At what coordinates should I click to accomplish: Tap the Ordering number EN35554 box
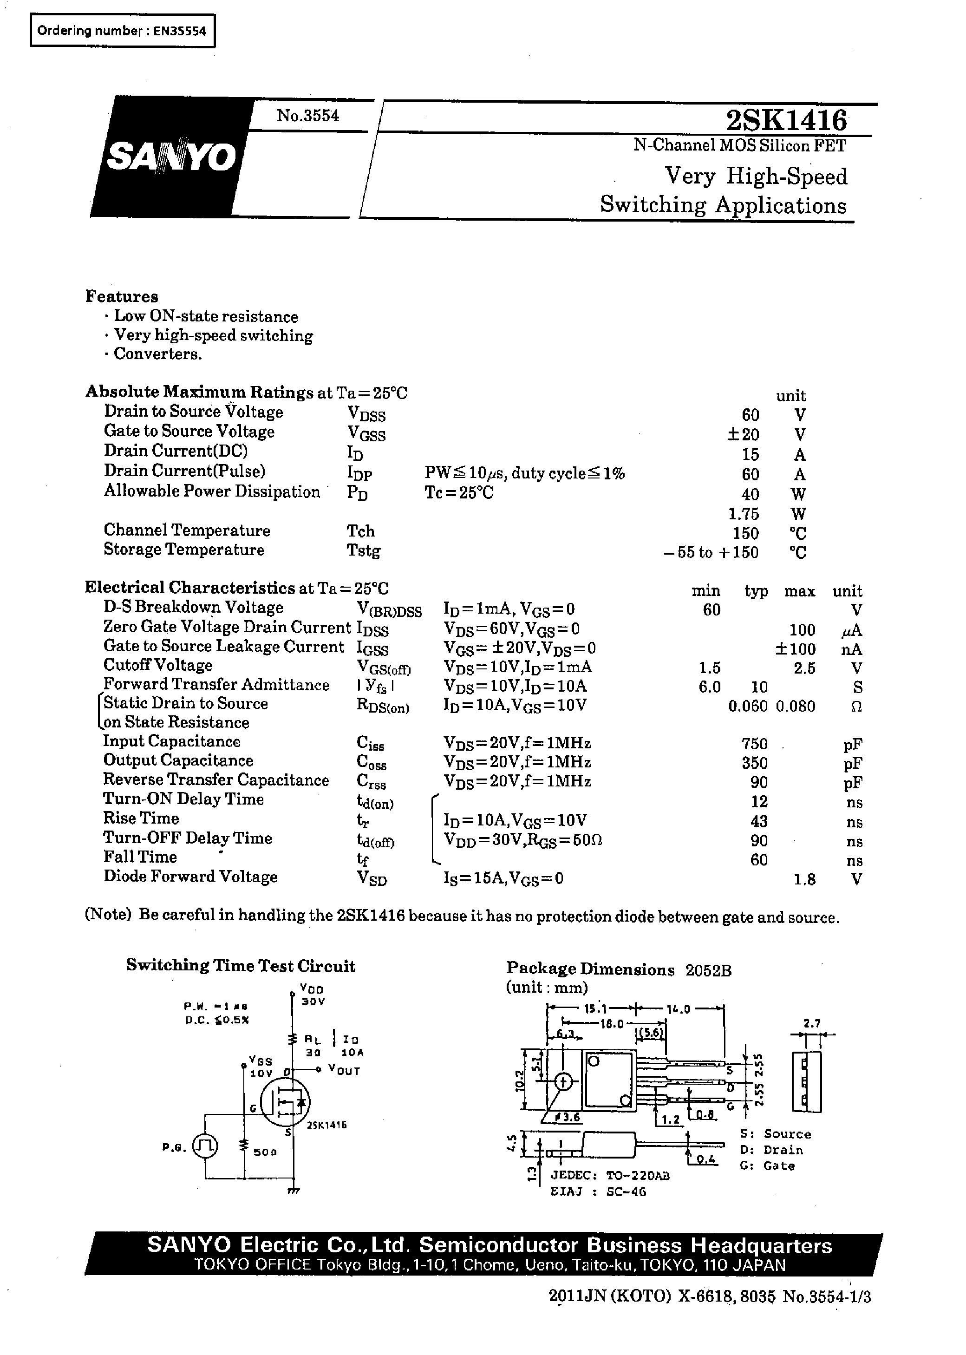click(x=122, y=31)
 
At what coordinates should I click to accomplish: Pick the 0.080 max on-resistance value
click(x=795, y=706)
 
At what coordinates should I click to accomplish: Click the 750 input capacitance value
click(x=754, y=744)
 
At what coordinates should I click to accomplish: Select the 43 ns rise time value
click(x=759, y=821)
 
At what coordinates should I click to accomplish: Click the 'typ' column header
click(x=756, y=591)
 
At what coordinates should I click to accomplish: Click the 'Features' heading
click(x=122, y=296)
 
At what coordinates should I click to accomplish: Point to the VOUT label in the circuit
click(x=345, y=1071)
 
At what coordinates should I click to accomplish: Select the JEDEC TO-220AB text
click(x=610, y=1175)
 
